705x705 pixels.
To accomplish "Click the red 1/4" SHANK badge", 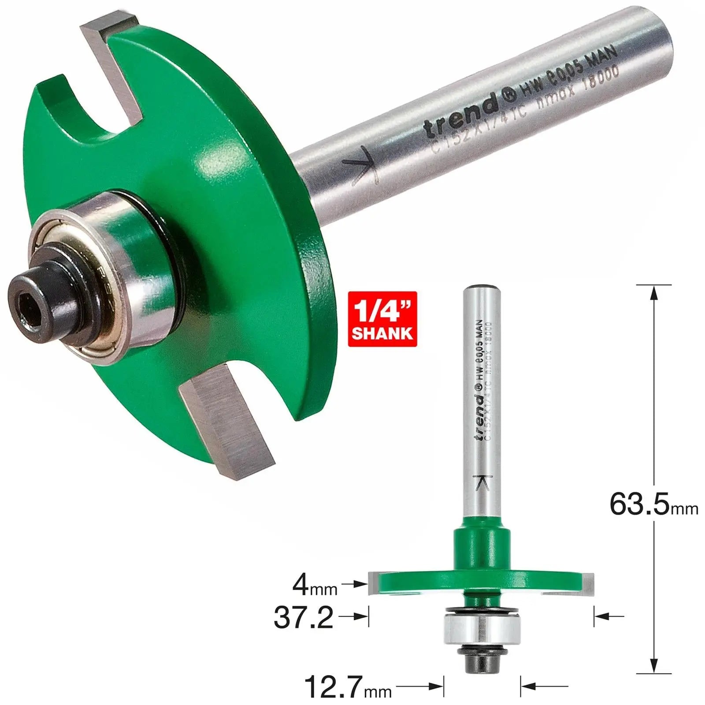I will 382,319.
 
